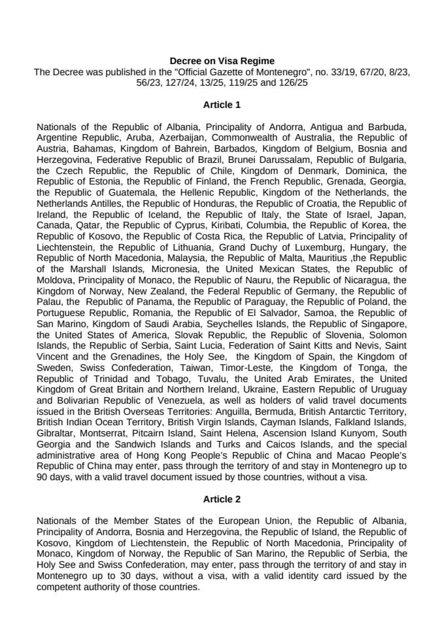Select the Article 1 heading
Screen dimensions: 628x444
pos(222,104)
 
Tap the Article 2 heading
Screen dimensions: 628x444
pos(222,499)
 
